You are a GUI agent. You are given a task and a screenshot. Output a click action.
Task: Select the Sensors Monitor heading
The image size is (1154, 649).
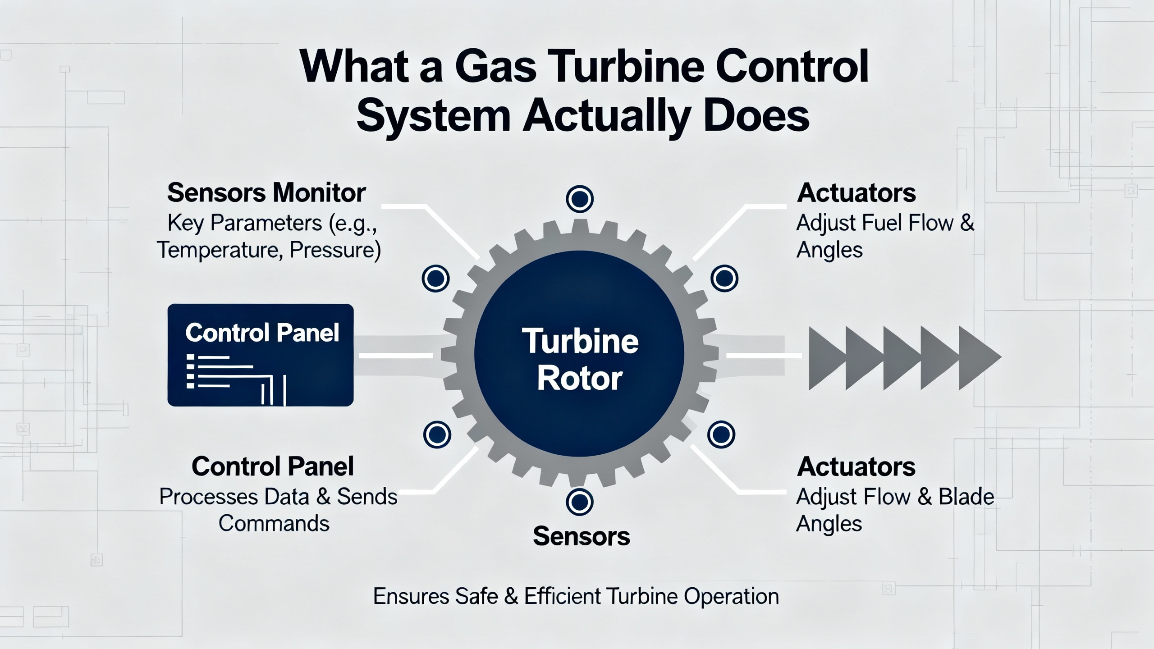266,193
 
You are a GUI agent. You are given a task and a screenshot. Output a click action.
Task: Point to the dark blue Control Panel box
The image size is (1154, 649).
260,355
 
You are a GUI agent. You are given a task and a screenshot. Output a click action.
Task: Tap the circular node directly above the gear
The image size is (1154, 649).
579,199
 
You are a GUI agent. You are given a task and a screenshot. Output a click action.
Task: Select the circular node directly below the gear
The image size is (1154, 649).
579,502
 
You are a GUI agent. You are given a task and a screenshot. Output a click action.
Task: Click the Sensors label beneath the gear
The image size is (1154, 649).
581,536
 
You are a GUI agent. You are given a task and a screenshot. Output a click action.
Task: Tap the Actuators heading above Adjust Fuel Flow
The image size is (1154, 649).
856,193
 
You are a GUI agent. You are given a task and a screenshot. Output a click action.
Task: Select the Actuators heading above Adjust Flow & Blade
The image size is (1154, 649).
856,466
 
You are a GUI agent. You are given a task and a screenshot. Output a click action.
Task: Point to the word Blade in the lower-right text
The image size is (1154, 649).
966,497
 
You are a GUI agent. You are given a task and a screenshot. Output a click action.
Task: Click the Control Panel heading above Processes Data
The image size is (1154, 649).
272,466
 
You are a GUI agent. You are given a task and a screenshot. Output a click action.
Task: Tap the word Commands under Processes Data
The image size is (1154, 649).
274,524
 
